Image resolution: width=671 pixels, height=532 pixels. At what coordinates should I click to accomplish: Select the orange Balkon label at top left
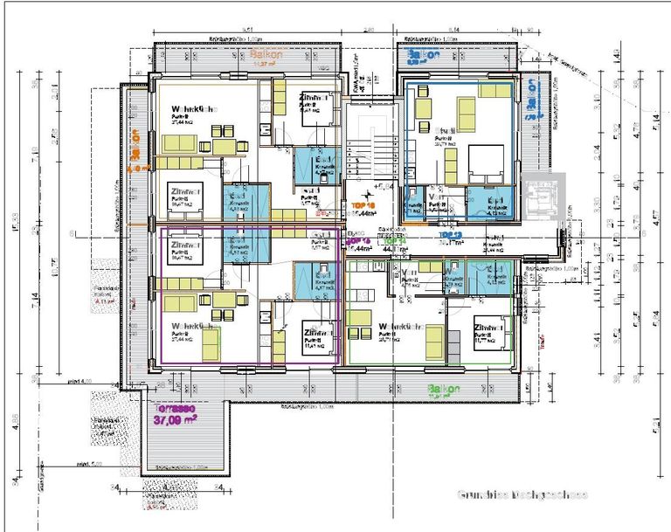pos(258,52)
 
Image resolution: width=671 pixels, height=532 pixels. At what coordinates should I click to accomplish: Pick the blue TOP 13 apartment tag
pos(450,236)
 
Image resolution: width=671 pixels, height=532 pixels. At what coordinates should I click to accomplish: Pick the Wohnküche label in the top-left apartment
pos(194,108)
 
